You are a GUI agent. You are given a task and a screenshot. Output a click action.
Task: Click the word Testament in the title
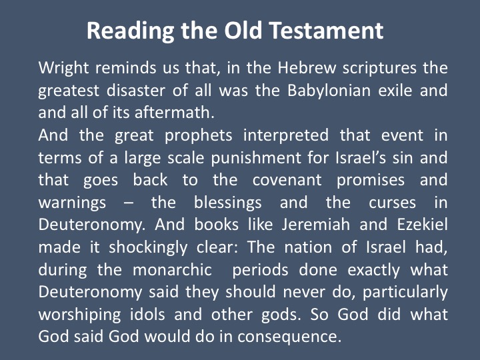[x=326, y=31]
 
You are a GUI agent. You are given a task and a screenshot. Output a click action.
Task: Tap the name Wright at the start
[x=64, y=68]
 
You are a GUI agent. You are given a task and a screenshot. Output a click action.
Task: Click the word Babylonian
[x=329, y=91]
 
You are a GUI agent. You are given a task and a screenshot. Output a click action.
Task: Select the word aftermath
[x=174, y=113]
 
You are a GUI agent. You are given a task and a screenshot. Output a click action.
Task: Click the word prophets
[x=199, y=136]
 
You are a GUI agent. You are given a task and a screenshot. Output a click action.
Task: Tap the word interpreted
[x=286, y=136]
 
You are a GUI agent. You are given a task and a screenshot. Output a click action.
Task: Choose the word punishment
[x=256, y=158]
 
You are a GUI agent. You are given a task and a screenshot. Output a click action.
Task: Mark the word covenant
[x=287, y=180]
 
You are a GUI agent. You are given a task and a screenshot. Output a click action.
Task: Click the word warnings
[x=72, y=203]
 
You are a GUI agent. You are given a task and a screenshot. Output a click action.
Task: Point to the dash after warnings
[x=129, y=203]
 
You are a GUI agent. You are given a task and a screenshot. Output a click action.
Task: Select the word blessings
[x=228, y=203]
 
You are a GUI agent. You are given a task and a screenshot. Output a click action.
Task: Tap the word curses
[x=392, y=203]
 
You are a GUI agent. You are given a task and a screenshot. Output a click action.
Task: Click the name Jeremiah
[x=315, y=225]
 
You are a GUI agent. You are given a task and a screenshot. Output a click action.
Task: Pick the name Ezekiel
[x=422, y=225]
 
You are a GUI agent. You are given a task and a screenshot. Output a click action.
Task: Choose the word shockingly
[x=148, y=247]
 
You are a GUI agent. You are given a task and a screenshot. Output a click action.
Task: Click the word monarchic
[x=173, y=270]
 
